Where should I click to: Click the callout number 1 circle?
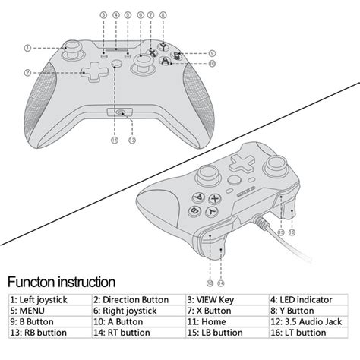(27, 48)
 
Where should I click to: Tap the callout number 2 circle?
(27, 73)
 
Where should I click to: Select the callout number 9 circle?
(212, 53)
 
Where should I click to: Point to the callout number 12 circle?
(132, 140)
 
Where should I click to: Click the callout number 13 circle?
(210, 283)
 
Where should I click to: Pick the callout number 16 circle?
(292, 232)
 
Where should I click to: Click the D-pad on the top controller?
(95, 72)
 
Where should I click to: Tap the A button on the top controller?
(165, 61)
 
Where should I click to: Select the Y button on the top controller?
(163, 46)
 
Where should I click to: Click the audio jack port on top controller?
(120, 112)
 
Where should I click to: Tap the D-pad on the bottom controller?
(242, 163)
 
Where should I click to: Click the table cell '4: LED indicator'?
(308, 300)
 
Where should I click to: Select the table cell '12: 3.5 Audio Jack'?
(308, 322)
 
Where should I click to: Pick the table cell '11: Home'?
(227, 322)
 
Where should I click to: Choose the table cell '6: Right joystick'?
(139, 311)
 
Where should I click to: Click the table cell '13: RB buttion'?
(50, 333)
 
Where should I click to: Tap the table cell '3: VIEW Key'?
(227, 300)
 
